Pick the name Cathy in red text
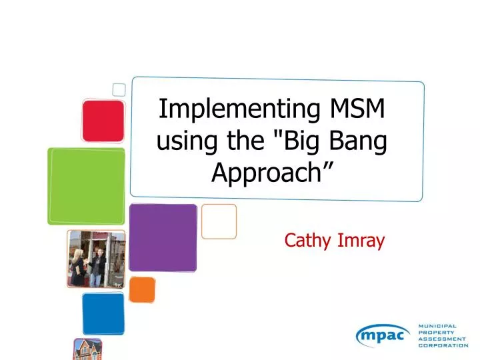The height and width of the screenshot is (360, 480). pos(305,240)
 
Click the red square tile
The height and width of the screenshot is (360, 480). pos(103,121)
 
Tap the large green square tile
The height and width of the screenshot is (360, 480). pos(86,186)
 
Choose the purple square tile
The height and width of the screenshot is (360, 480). pos(163,237)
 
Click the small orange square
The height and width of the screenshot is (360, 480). pos(142,289)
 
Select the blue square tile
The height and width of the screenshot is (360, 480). pos(103,313)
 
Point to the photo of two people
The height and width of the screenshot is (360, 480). pos(96,259)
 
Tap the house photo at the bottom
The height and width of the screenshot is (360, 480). pos(87,349)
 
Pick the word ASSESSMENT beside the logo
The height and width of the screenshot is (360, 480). pos(443,339)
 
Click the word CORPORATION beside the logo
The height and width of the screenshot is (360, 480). pos(443,345)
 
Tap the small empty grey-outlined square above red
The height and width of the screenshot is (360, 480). pos(119,89)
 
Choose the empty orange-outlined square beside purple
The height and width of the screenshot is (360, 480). pos(219,221)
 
